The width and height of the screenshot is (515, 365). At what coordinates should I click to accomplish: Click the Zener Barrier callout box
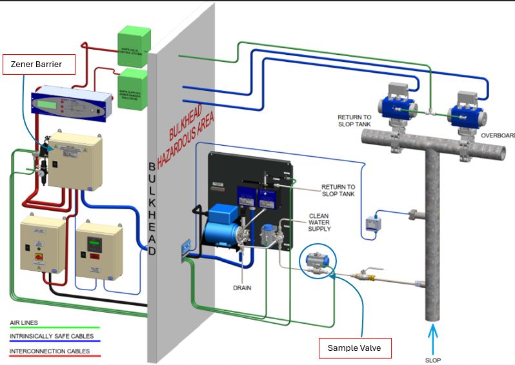click(x=39, y=64)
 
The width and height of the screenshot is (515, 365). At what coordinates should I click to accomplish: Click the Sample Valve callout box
click(x=354, y=348)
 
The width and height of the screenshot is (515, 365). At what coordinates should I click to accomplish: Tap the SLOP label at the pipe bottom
click(x=433, y=360)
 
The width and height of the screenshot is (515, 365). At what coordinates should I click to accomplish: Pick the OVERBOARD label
click(x=497, y=136)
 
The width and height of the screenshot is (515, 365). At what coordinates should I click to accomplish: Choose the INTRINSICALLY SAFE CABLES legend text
click(x=52, y=336)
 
